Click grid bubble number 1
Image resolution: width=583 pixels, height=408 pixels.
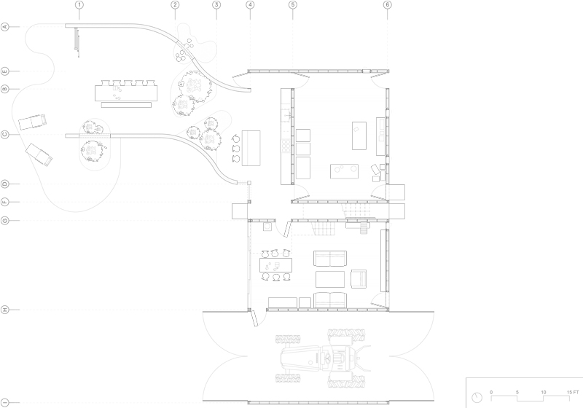(79, 5)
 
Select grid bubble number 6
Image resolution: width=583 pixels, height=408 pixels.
(388, 5)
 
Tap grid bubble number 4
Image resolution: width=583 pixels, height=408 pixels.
(250, 5)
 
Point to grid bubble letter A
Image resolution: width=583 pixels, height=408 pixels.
(5, 27)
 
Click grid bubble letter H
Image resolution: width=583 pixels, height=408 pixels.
(5, 310)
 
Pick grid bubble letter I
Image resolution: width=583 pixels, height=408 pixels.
(5, 402)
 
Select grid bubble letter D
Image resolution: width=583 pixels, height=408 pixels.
(5, 184)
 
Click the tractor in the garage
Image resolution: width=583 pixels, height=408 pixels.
(323, 358)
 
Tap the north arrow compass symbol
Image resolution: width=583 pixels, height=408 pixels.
(477, 398)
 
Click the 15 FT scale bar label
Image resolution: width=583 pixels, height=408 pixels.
(573, 393)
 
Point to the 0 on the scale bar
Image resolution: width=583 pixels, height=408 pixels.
(491, 393)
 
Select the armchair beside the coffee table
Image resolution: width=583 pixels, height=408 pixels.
(359, 279)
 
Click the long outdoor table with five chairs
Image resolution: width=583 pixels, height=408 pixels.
(126, 91)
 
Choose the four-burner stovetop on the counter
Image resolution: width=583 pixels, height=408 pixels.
(286, 145)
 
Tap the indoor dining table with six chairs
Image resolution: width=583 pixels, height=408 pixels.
(276, 265)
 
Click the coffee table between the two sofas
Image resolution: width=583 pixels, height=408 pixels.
(330, 279)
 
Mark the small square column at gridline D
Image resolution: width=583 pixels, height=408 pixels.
(249, 183)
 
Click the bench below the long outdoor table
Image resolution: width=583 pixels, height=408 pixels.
(126, 105)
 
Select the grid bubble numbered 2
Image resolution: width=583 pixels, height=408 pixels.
(175, 5)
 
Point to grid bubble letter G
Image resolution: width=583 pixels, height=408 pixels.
(5, 220)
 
